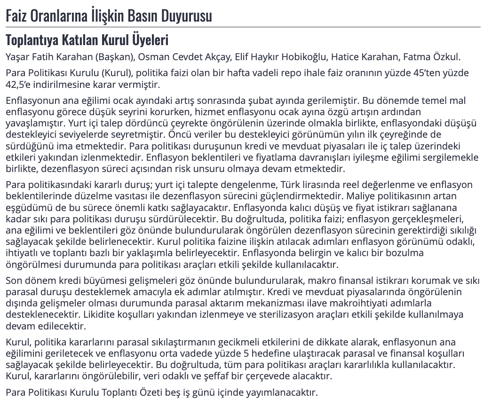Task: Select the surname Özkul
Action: pos(445,57)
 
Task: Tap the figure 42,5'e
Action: pos(19,85)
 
